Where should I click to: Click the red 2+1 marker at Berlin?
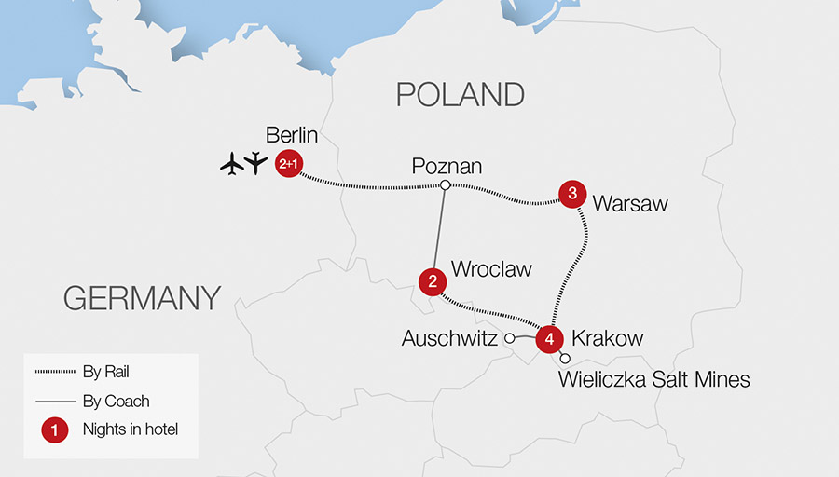tap(290, 165)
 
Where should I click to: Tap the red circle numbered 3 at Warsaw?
tap(571, 194)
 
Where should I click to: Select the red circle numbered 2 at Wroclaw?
tap(432, 279)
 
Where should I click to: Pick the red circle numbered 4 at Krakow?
tap(550, 339)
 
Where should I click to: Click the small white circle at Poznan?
tap(446, 185)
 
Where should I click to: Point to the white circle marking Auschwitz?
tap(510, 339)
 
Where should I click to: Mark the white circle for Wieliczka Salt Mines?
tap(565, 358)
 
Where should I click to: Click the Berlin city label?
tap(292, 135)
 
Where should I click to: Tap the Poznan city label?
tap(447, 166)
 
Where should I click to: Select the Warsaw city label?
tap(630, 203)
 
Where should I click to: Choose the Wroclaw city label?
tap(491, 269)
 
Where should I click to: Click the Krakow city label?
tap(607, 338)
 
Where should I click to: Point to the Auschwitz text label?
tap(449, 339)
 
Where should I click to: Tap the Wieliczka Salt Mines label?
tap(653, 379)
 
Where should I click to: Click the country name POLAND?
tap(461, 94)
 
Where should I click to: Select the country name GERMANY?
tap(142, 298)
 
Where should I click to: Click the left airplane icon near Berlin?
tap(232, 165)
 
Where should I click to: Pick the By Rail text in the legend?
tap(104, 372)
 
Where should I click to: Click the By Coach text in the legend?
tap(116, 402)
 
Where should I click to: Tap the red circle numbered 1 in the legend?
tap(55, 430)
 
